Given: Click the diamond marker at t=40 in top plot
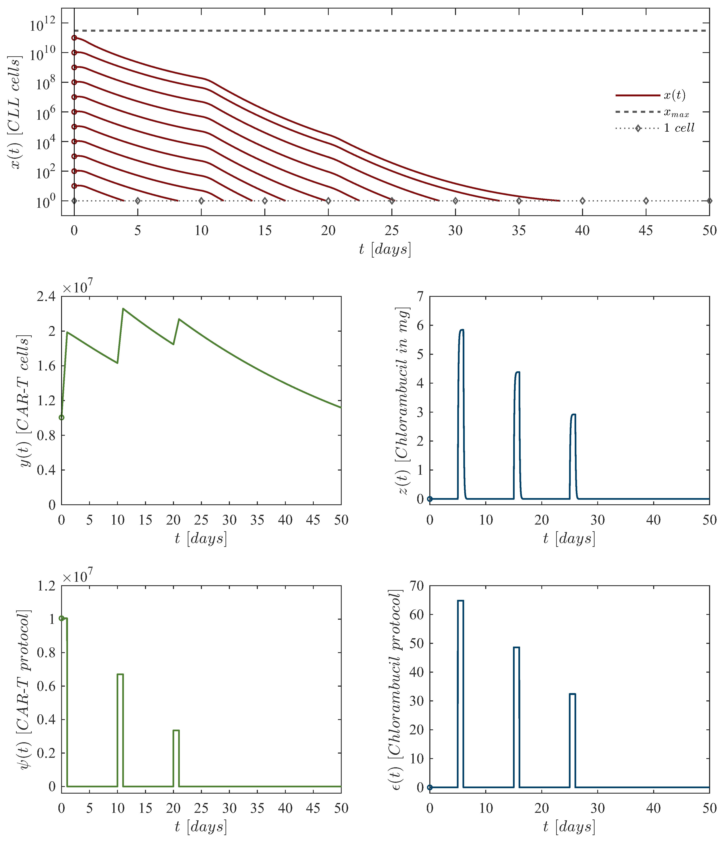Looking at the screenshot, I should pos(582,201).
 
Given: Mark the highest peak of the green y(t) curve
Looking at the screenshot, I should pos(123,309).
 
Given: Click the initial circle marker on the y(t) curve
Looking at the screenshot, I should pos(61,417).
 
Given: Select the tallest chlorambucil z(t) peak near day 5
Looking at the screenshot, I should pos(461,330).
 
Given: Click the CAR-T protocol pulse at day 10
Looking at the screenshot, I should pos(120,675).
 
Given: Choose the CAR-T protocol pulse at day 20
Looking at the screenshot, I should pos(176,731).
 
